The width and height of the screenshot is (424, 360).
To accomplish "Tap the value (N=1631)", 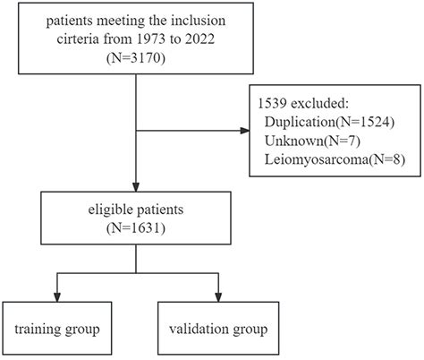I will pyautogui.click(x=134, y=229).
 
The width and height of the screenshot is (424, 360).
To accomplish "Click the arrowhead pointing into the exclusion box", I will pyautogui.click(x=250, y=133).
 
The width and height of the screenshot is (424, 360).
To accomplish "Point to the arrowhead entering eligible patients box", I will pyautogui.click(x=134, y=188).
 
